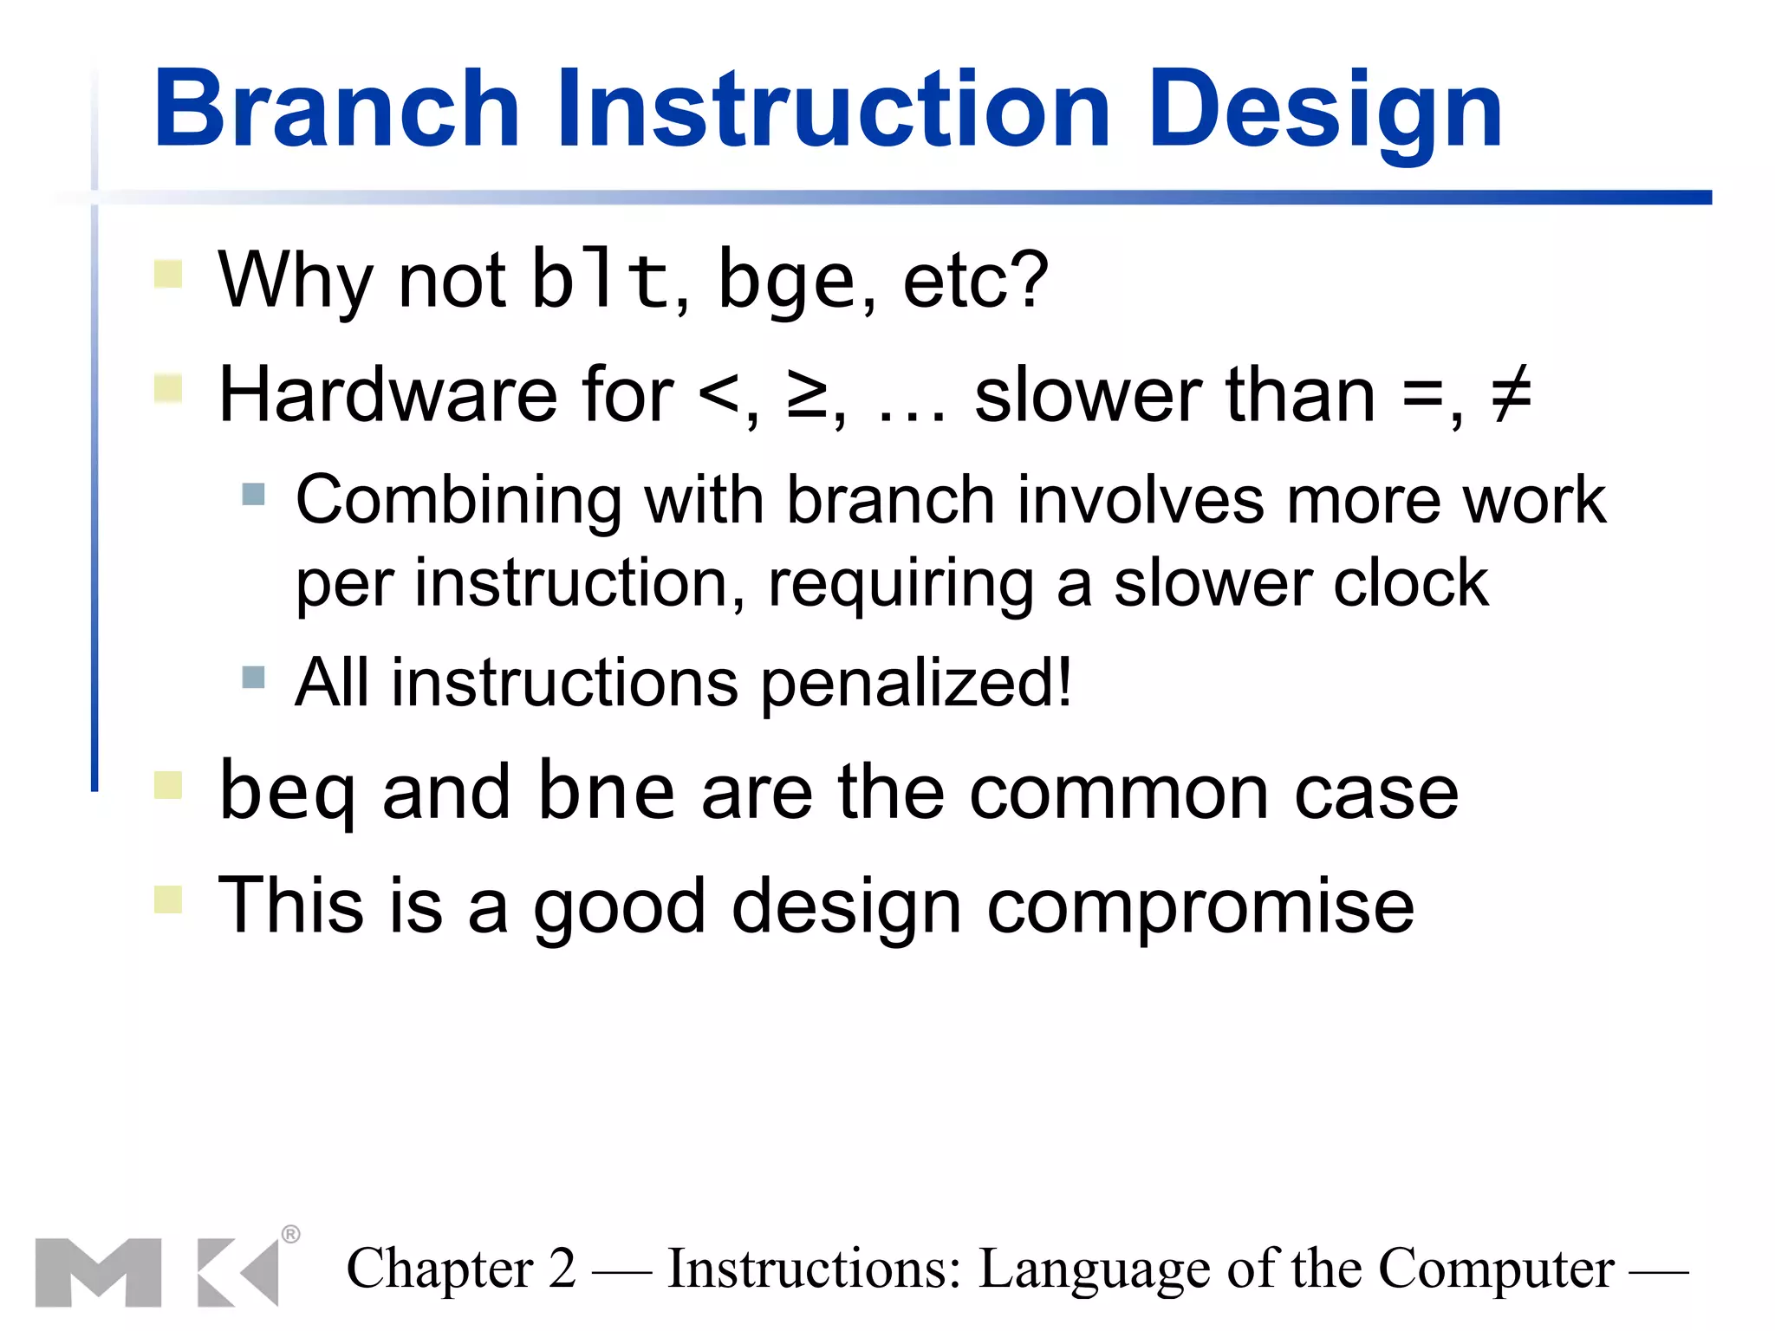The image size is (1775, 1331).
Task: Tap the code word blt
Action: (600, 279)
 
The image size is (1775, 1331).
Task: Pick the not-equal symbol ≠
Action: (1511, 395)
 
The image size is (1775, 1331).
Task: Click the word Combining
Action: (458, 501)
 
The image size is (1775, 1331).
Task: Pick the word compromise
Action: (1200, 906)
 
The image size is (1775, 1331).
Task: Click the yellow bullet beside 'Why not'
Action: (168, 274)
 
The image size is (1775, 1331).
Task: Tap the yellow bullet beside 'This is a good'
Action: (168, 899)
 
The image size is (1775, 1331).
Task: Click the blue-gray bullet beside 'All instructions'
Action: (253, 677)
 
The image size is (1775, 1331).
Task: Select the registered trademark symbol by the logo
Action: (291, 1234)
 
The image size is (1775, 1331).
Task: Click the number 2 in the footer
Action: (562, 1269)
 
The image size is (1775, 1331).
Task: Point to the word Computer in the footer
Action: (1496, 1269)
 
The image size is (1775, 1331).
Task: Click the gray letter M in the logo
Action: (98, 1272)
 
